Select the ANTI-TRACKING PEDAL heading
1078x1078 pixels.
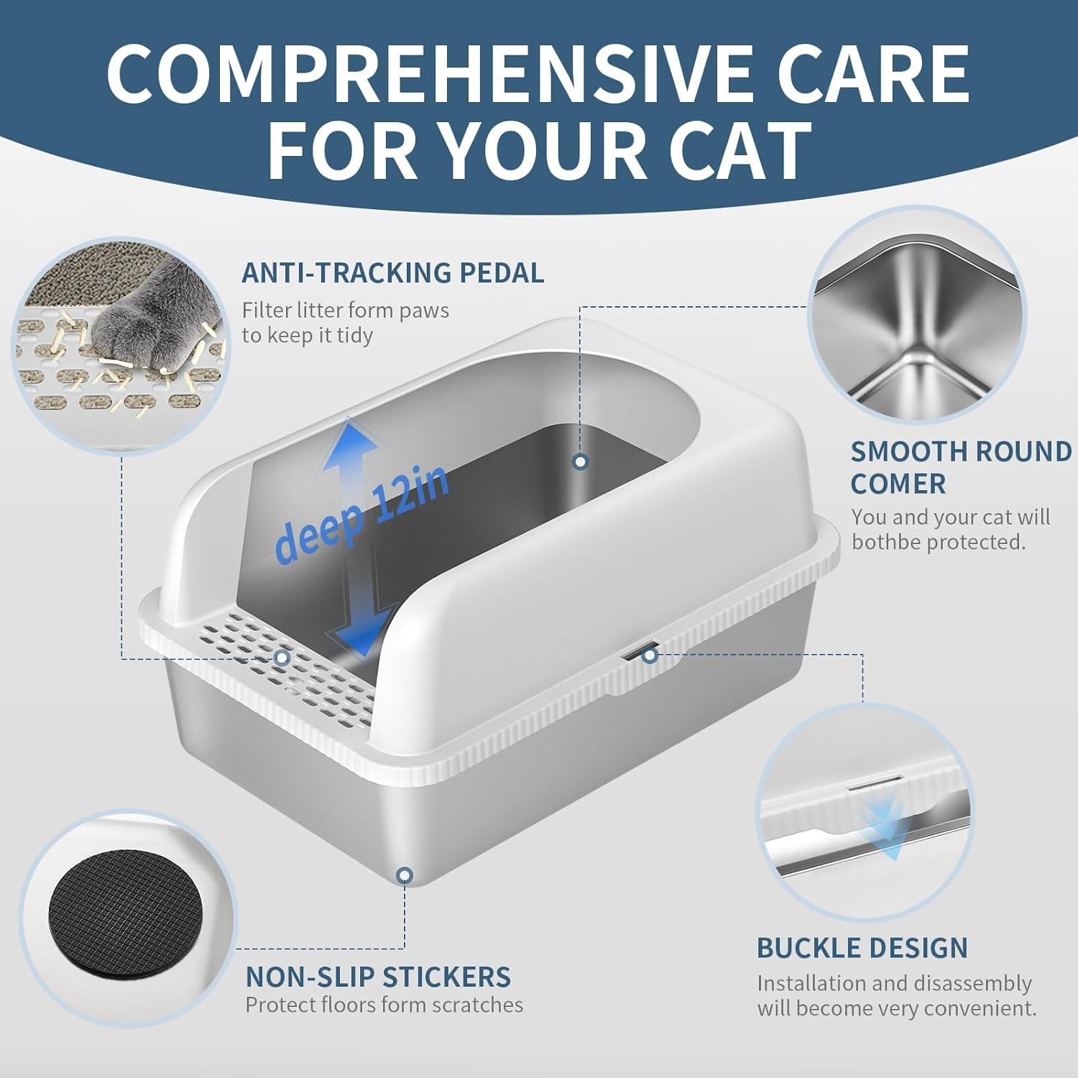click(x=392, y=273)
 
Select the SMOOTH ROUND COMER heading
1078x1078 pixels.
click(x=961, y=467)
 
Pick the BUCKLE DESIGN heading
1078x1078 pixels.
click(x=862, y=948)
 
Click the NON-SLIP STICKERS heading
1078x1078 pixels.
click(x=378, y=977)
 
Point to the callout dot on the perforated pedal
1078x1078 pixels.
click(x=282, y=657)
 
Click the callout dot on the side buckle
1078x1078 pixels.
click(x=650, y=655)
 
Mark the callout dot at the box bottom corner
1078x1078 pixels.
click(x=405, y=875)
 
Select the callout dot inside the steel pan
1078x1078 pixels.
click(x=581, y=461)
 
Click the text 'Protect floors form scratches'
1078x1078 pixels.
click(x=384, y=1005)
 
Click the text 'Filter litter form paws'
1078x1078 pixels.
click(x=345, y=310)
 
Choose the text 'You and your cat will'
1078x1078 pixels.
click(x=950, y=517)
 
